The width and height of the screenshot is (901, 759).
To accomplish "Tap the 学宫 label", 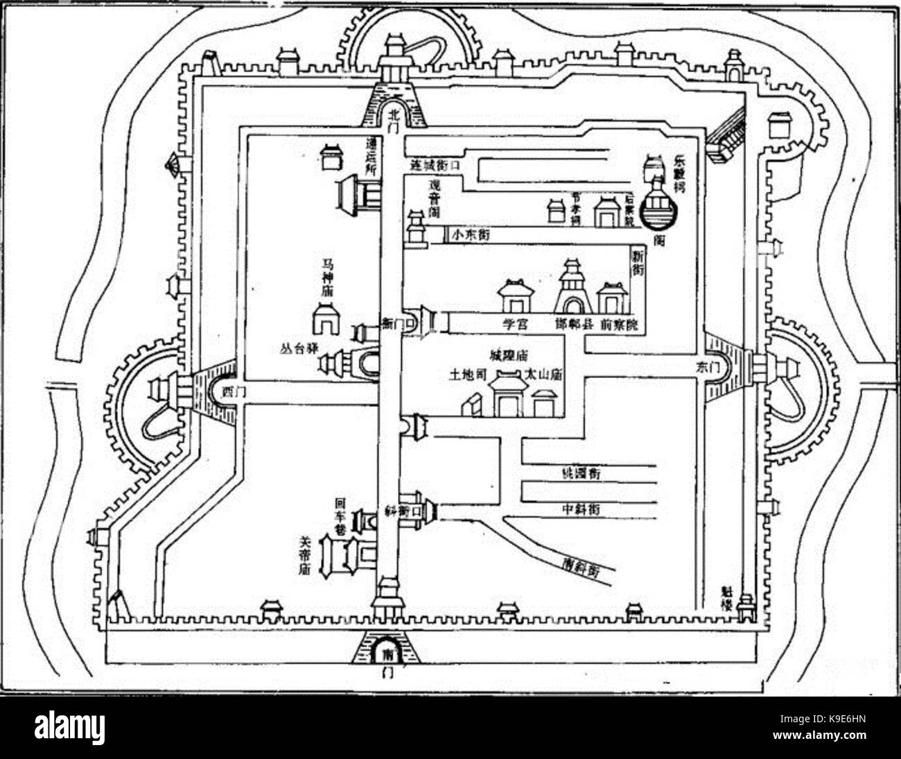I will (x=515, y=323).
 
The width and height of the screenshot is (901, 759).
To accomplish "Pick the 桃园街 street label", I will (x=581, y=473).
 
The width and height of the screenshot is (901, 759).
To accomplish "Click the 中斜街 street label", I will (x=581, y=509).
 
